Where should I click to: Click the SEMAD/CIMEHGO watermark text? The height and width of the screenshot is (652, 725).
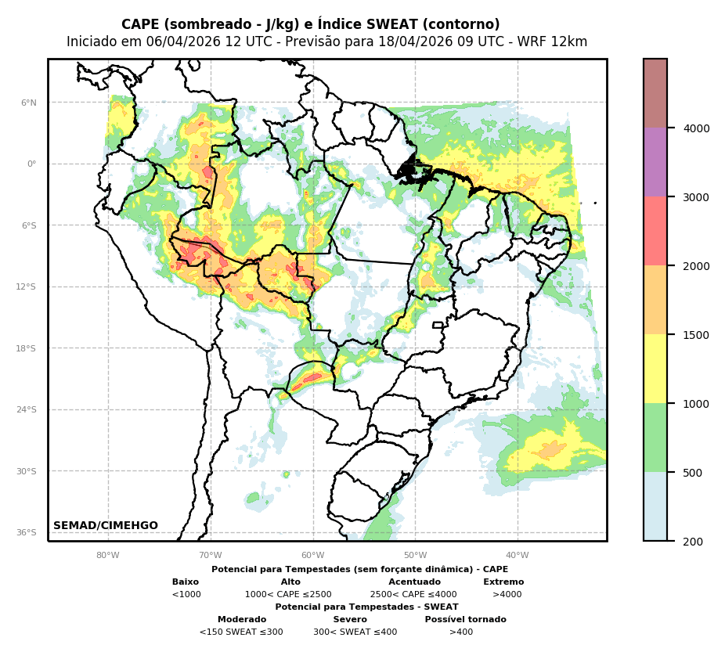click(106, 526)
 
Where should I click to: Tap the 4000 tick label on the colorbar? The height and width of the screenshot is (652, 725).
click(696, 128)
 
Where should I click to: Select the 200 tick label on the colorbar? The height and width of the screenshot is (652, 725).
click(693, 542)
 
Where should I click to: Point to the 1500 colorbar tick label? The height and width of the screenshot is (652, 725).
click(696, 335)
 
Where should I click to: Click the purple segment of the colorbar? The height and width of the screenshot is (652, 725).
click(655, 162)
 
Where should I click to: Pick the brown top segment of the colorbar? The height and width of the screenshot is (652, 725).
click(655, 93)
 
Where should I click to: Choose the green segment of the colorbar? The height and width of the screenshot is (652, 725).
click(655, 438)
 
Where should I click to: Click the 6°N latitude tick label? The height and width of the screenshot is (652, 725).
click(28, 103)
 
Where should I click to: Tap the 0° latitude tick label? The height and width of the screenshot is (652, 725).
click(31, 164)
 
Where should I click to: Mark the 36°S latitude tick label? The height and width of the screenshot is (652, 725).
click(27, 533)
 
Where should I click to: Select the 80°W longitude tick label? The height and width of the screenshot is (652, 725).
click(108, 556)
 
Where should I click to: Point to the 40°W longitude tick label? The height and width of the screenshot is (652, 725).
click(518, 556)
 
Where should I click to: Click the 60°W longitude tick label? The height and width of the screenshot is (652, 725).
click(312, 556)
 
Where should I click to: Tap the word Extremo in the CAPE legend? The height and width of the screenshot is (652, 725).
click(503, 582)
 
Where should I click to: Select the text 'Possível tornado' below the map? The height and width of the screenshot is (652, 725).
click(465, 620)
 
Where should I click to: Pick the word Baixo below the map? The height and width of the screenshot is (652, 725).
click(186, 582)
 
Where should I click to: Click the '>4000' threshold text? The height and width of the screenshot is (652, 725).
click(507, 595)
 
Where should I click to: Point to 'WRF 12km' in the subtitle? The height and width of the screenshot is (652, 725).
click(557, 42)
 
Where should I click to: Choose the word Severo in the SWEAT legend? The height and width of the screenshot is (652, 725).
click(350, 620)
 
